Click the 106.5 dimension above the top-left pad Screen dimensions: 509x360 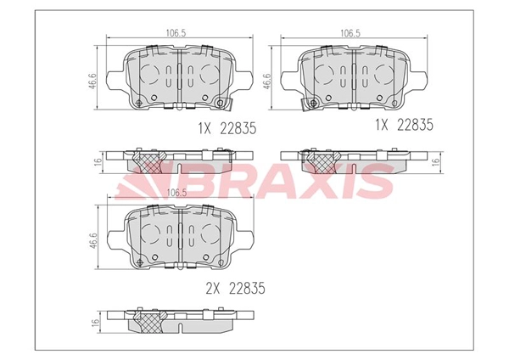point(176,33)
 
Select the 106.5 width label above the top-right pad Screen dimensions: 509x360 point(350,33)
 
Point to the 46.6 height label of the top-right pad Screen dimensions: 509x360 point(266,81)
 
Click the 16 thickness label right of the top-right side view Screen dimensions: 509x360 point(437,161)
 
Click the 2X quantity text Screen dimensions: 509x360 point(213,288)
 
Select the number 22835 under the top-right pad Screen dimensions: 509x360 point(415,125)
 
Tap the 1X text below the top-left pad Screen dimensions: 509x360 point(204,129)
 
